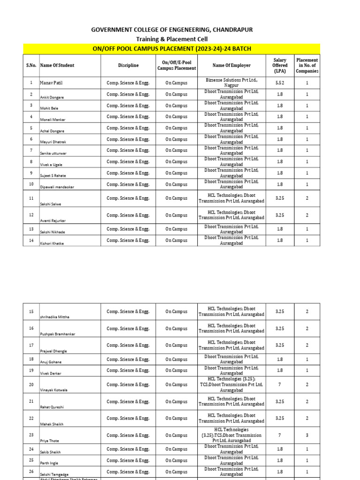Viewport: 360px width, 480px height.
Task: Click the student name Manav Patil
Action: point(51,83)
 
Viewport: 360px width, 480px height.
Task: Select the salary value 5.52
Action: point(280,83)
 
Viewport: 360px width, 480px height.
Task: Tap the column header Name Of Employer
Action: point(231,66)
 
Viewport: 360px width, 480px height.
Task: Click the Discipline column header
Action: point(128,66)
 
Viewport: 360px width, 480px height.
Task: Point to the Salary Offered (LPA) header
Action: point(280,66)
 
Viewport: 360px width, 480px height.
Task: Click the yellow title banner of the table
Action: point(172,49)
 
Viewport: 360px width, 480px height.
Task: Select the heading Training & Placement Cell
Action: point(172,39)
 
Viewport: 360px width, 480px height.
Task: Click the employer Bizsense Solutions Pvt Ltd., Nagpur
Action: point(231,83)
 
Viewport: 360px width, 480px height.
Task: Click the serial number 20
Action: point(31,384)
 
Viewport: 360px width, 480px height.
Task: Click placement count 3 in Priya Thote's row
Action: point(307,435)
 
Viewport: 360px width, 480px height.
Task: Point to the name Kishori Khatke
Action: point(52,244)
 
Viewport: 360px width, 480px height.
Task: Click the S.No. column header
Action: point(31,66)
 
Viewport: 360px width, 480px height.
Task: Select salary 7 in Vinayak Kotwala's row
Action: point(280,384)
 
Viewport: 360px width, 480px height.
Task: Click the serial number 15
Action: point(31,312)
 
